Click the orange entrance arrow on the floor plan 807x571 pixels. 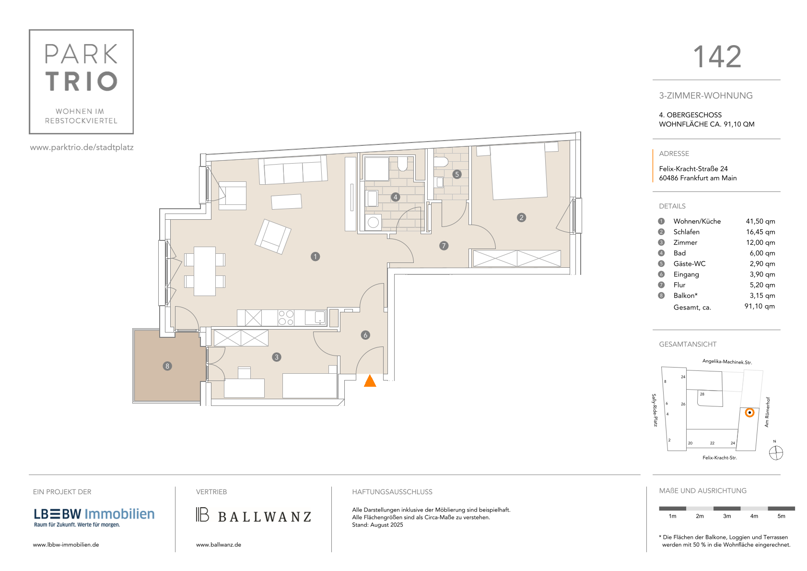click(370, 381)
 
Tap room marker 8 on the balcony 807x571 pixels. click(167, 366)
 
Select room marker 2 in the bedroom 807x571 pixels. click(521, 217)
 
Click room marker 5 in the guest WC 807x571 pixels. click(457, 175)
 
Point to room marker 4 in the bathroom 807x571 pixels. click(396, 197)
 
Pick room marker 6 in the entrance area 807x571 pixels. click(365, 335)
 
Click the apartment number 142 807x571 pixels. click(717, 57)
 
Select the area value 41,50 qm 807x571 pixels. click(760, 221)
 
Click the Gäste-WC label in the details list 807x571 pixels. click(689, 263)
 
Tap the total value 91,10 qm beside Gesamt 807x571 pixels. click(760, 306)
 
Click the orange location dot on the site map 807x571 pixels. click(750, 413)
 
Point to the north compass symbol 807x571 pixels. click(776, 453)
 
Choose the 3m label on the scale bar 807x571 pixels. click(726, 516)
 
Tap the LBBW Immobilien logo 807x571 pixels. click(94, 517)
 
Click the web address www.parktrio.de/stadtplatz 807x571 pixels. click(82, 147)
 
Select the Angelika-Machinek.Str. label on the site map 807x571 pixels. click(727, 362)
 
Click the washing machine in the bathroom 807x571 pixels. click(373, 222)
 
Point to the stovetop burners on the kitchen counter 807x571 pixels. click(286, 318)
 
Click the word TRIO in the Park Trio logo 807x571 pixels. click(82, 81)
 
